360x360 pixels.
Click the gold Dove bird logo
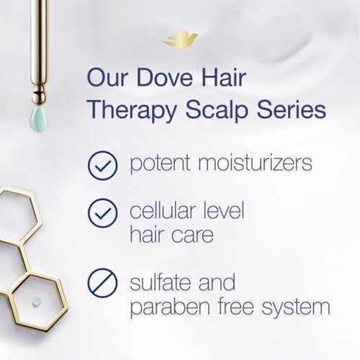point(179,40)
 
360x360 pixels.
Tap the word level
point(225,211)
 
